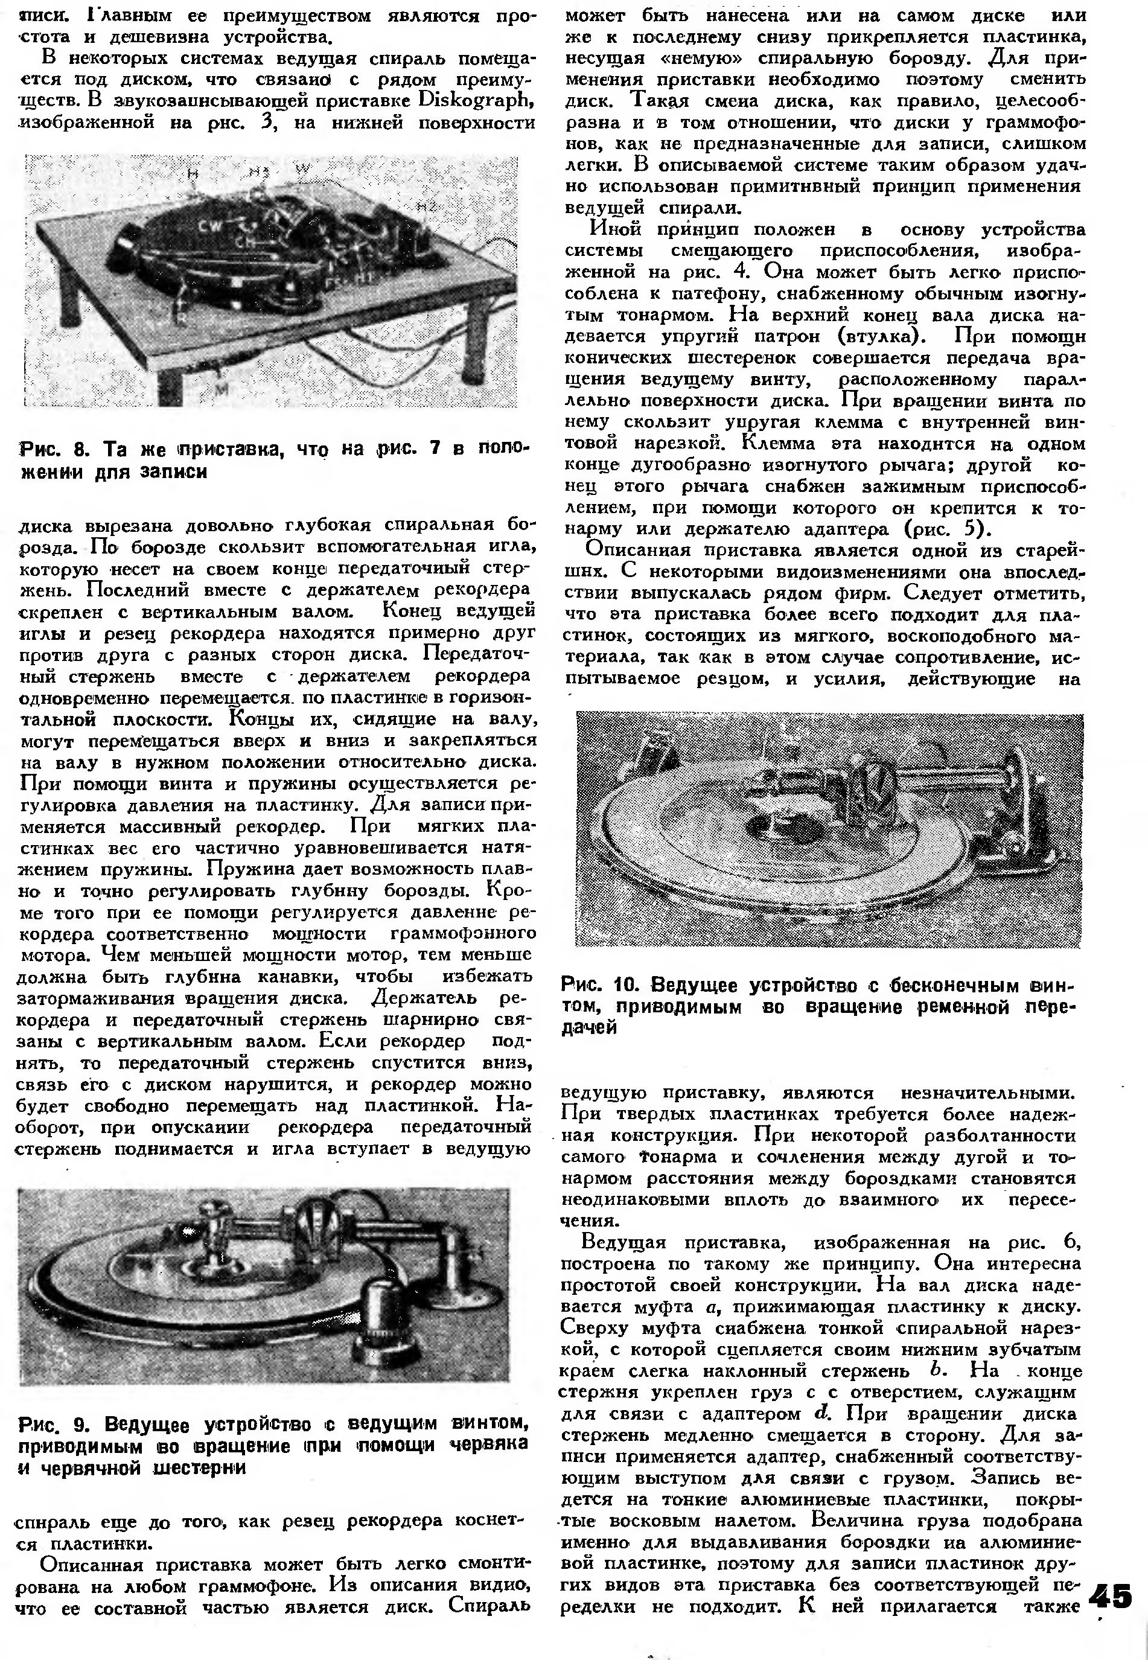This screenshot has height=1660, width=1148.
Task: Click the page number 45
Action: pos(1111,1595)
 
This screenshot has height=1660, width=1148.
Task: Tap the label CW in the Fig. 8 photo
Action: pos(211,226)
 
